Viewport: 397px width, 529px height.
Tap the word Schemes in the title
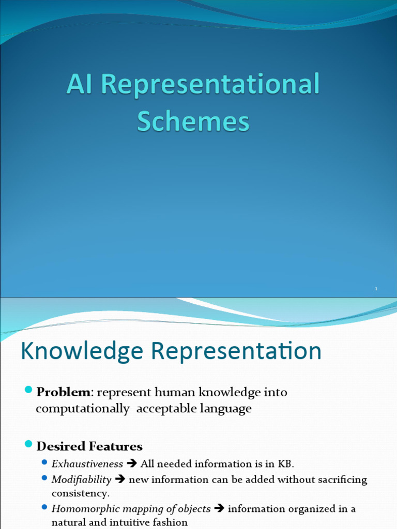coord(193,122)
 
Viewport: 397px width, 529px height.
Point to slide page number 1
coord(376,289)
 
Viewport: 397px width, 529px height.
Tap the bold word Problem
coord(63,392)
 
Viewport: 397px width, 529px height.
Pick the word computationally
coord(83,409)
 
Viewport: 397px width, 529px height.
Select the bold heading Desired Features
coord(89,446)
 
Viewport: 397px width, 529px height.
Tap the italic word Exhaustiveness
coord(87,464)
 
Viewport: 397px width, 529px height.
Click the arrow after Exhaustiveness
coord(132,464)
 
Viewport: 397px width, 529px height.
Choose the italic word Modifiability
coord(82,479)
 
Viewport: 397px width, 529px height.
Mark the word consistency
coord(80,493)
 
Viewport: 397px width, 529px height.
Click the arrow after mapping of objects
coord(219,509)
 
